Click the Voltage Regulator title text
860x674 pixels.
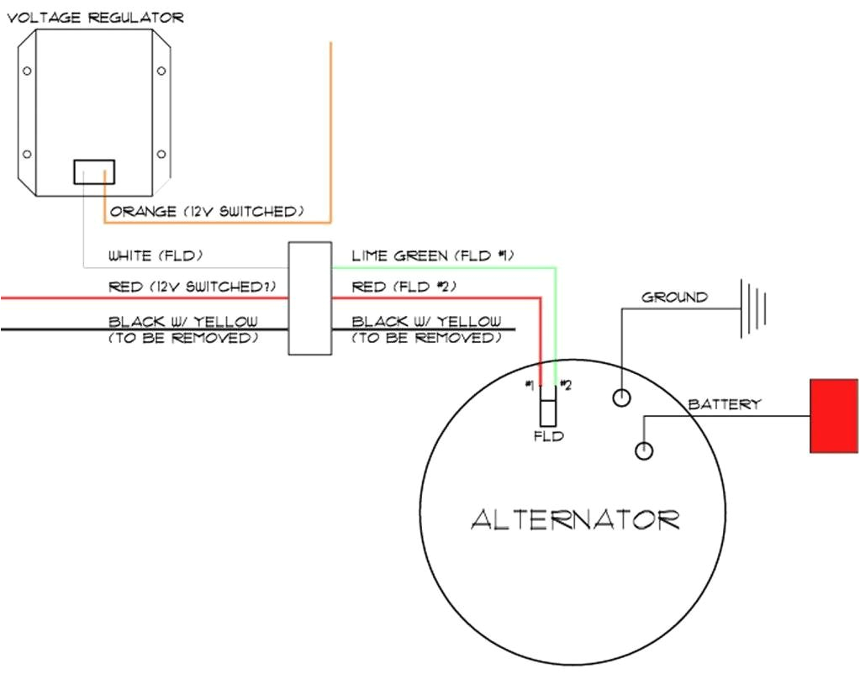95,17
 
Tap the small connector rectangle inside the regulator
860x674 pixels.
94,172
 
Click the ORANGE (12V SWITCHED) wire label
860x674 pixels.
206,212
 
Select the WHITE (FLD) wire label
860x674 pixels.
156,255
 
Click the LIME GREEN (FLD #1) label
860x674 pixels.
432,255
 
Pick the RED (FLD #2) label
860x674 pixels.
404,287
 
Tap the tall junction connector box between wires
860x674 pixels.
309,298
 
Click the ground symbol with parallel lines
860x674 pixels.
753,308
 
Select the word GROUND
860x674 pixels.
674,297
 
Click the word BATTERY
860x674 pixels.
724,404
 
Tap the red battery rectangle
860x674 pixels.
834,416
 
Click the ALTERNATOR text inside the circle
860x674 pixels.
575,519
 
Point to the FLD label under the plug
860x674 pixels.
548,436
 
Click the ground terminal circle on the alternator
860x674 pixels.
621,398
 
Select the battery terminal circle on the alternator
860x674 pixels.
644,450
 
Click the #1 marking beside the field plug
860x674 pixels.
530,385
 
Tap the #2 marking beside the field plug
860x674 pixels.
566,385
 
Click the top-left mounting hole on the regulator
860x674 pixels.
28,71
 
